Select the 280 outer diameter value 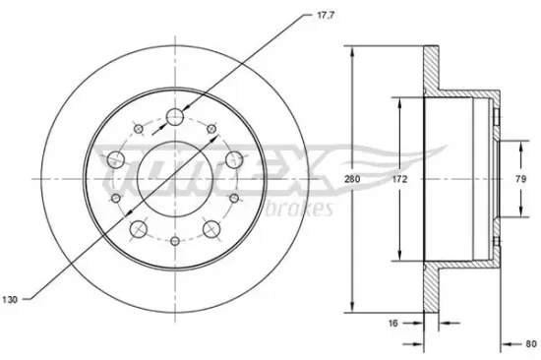(x=364, y=181)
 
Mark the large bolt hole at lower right (x=210, y=229)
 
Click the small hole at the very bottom (x=175, y=241)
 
